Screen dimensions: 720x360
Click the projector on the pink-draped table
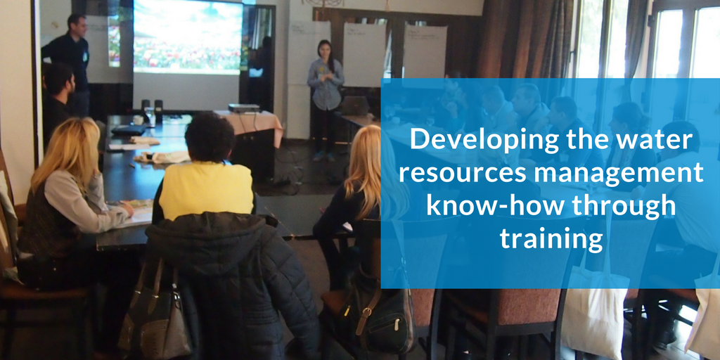coord(244,108)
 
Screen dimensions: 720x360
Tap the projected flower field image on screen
coord(188,37)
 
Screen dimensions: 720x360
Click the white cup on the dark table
coord(138,120)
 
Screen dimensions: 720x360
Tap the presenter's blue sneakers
coord(324,156)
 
